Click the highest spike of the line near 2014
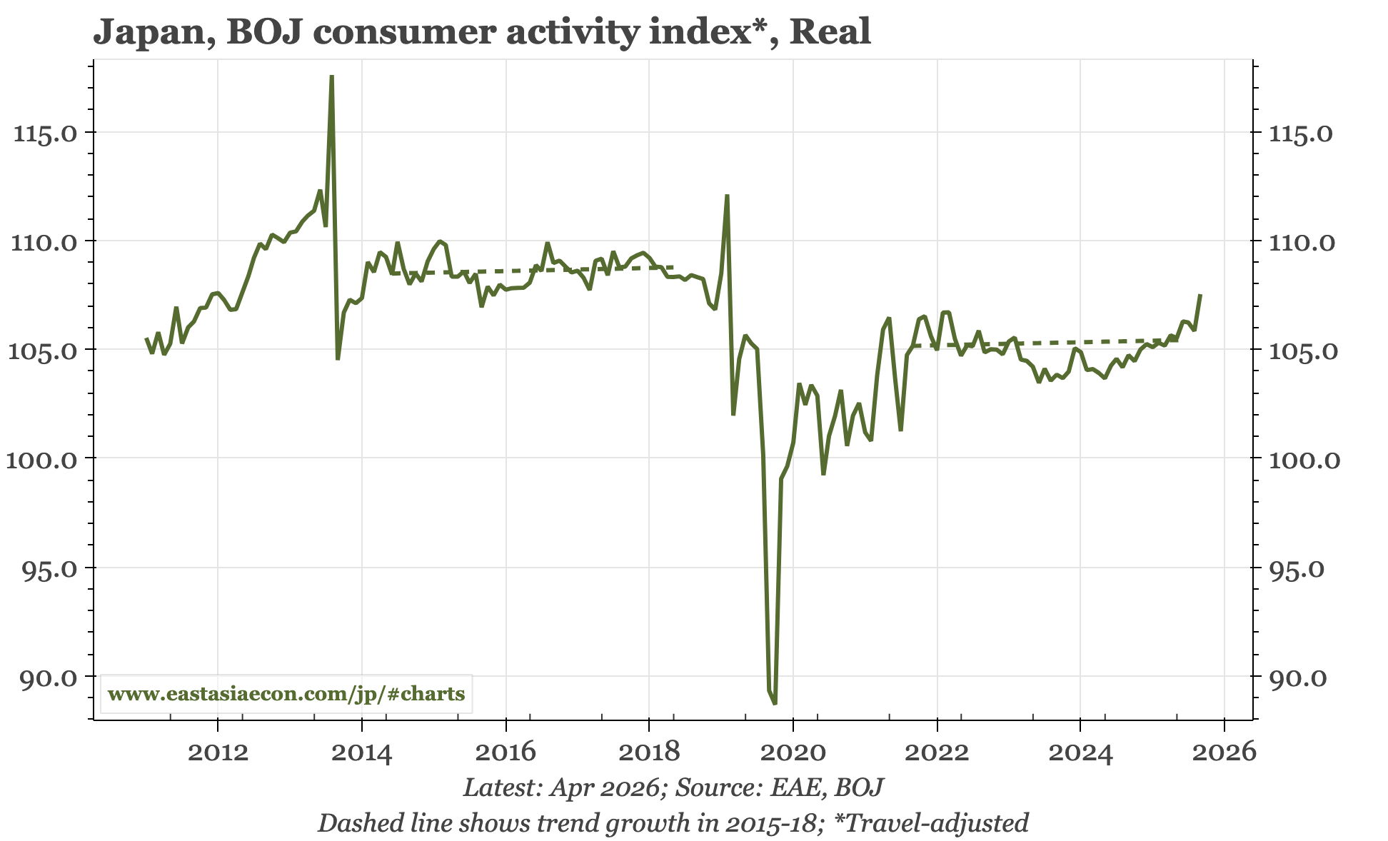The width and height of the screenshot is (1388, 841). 332,76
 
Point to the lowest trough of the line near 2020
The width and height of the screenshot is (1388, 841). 775,704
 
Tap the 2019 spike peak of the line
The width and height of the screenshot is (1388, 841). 727,195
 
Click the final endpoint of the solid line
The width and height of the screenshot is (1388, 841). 1200,295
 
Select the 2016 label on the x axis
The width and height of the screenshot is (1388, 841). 506,752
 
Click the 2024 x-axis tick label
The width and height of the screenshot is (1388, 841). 1081,752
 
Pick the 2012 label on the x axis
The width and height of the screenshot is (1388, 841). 218,752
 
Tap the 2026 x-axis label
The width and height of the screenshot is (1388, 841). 1224,752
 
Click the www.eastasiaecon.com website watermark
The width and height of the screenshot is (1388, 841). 286,693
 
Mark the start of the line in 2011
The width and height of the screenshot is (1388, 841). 146,338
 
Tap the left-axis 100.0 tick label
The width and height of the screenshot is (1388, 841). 44,459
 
